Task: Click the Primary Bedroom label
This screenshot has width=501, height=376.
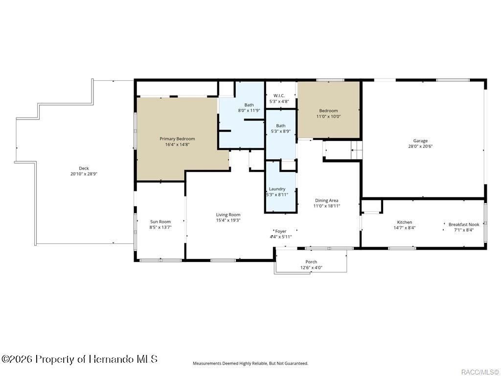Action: coord(177,139)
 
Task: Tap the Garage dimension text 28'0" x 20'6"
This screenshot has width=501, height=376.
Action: coord(420,146)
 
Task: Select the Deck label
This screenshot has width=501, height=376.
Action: coord(84,168)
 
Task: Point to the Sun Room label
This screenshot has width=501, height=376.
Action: coord(160,222)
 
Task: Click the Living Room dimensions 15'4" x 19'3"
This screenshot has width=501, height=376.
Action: coord(228,220)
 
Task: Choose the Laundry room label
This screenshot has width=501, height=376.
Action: coord(277,189)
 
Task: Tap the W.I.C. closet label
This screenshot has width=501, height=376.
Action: coord(279,95)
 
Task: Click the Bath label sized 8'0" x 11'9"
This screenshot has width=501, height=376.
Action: coord(249,105)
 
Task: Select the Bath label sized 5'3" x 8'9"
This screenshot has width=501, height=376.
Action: coord(280,126)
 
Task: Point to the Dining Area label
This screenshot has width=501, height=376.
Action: coord(326,200)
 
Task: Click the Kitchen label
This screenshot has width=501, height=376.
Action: coord(405,222)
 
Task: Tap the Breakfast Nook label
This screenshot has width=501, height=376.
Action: coord(464,224)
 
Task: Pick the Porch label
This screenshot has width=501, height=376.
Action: coord(311,262)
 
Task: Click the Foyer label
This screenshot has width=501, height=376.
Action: coord(281,231)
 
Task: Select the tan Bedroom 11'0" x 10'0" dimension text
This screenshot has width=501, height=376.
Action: coord(328,117)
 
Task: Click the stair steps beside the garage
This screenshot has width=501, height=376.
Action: coord(357,150)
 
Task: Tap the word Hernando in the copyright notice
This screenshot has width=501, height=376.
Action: coord(111,359)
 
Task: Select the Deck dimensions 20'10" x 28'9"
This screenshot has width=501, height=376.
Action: coord(84,174)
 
